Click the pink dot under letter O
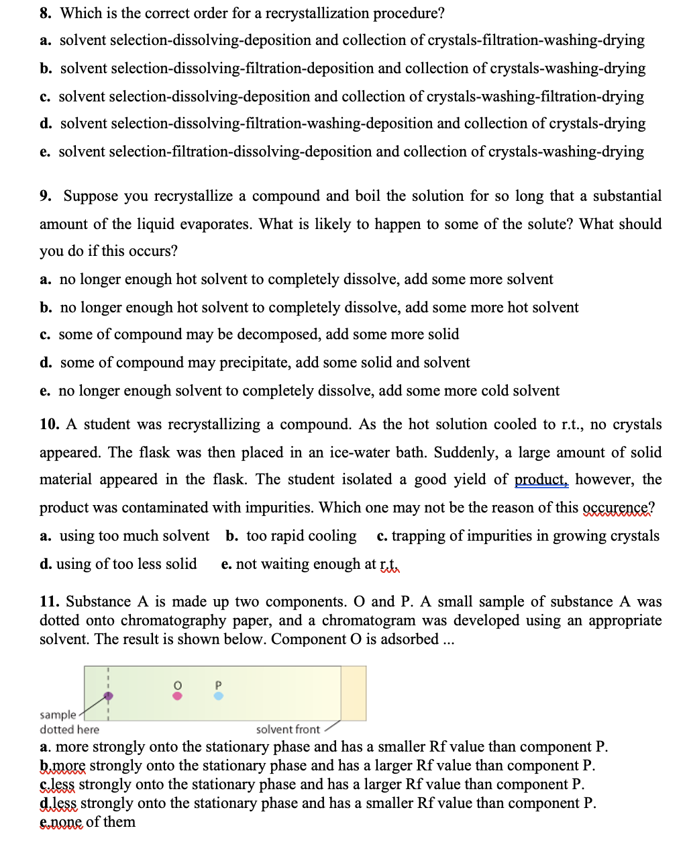click(177, 696)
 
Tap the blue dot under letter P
click(218, 696)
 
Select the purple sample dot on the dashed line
click(108, 696)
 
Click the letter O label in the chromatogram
click(177, 684)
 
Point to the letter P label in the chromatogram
click(218, 684)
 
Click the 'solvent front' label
click(288, 729)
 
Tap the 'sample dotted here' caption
click(68, 722)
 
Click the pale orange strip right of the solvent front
click(354, 693)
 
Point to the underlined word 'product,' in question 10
click(541, 480)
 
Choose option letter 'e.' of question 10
click(226, 564)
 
